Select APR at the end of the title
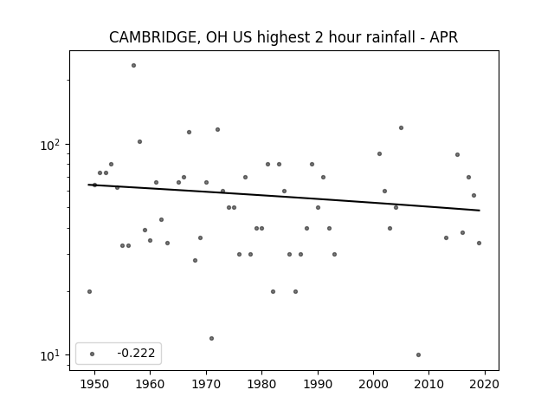tap(444, 37)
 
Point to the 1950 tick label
tap(94, 384)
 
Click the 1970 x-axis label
tap(206, 384)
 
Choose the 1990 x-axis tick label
tap(318, 384)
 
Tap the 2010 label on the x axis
tap(429, 384)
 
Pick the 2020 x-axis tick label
tap(485, 384)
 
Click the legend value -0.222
tap(136, 353)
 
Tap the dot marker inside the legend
tap(93, 354)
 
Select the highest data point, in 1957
tap(133, 66)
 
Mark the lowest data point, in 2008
tap(418, 354)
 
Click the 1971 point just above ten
tap(211, 339)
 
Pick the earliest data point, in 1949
tap(89, 291)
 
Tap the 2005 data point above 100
tap(401, 127)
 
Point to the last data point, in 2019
tap(479, 243)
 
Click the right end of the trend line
tap(480, 211)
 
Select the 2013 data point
tap(447, 238)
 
